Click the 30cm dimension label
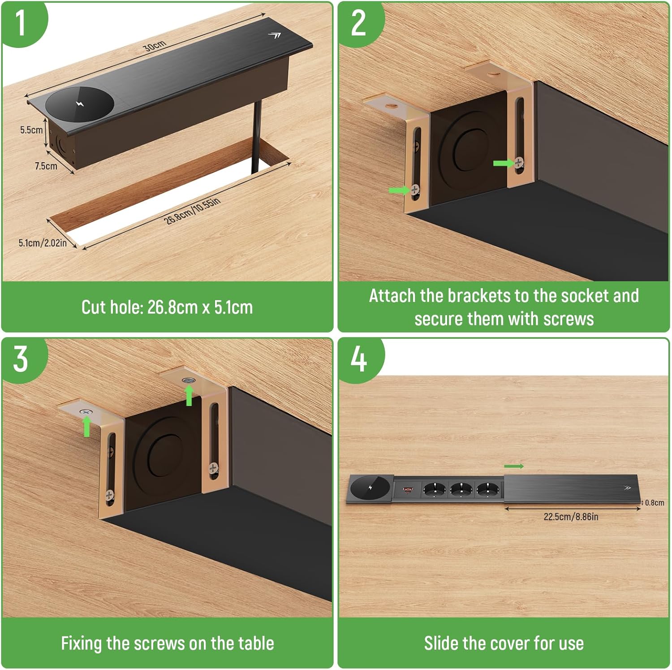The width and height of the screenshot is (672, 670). pyautogui.click(x=155, y=45)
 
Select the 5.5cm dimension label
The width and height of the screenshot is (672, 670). pyautogui.click(x=31, y=130)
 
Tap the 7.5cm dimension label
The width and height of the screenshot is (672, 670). pyautogui.click(x=46, y=166)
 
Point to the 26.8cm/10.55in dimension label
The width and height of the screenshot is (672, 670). pyautogui.click(x=192, y=210)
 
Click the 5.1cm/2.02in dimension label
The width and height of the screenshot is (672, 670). pyautogui.click(x=43, y=243)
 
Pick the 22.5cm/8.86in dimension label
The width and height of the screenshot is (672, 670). pyautogui.click(x=571, y=517)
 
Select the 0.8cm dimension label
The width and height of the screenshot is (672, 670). pyautogui.click(x=655, y=503)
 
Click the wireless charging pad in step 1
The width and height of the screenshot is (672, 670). pyautogui.click(x=80, y=104)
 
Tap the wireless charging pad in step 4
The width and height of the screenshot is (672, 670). pyautogui.click(x=370, y=488)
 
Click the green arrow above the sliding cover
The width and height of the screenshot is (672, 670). pyautogui.click(x=514, y=467)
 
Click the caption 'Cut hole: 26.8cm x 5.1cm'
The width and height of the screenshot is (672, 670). pyautogui.click(x=167, y=307)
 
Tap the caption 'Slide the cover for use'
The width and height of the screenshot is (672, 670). pyautogui.click(x=504, y=644)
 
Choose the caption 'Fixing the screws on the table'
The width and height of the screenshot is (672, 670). pyautogui.click(x=168, y=644)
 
